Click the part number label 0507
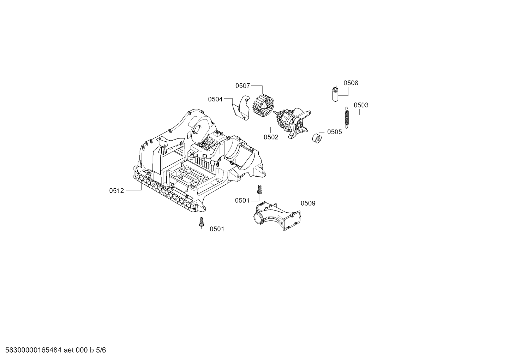point(242,86)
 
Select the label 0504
point(215,99)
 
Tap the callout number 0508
point(351,83)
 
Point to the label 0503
point(361,105)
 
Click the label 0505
point(335,132)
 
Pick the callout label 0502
point(271,137)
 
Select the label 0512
point(116,190)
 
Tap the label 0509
point(308,203)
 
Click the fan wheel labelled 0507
point(263,106)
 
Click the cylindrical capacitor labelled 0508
point(335,94)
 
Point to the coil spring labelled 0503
point(347,117)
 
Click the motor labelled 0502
point(292,123)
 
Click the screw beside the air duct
point(259,189)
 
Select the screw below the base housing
point(201,222)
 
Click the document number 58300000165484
point(33,350)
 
